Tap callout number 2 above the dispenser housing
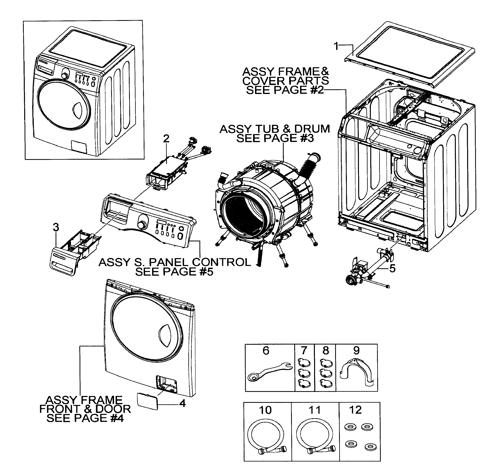click(166, 139)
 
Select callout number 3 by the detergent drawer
click(56, 227)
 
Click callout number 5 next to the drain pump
click(392, 268)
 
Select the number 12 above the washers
click(355, 410)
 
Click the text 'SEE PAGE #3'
click(275, 138)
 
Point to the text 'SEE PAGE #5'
click(174, 272)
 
